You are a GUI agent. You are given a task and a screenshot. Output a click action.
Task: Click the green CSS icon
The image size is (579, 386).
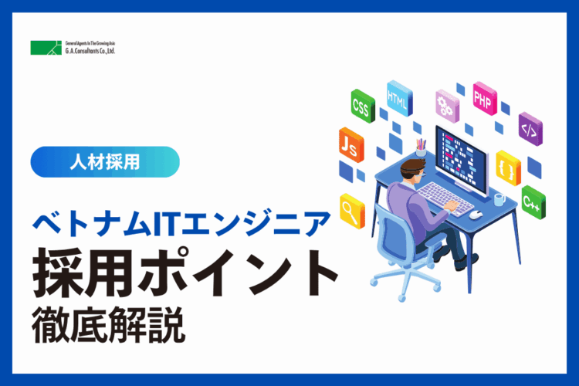point(363,106)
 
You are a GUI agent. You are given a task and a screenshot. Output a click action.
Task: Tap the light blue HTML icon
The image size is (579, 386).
point(399,98)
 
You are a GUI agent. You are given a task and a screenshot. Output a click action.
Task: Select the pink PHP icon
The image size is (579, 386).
point(485,98)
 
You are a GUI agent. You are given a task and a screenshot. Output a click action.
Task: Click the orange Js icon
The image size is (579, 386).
point(351,145)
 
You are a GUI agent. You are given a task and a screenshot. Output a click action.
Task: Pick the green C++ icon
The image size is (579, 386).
point(533,202)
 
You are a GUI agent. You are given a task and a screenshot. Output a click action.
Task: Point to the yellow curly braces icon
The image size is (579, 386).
point(508,168)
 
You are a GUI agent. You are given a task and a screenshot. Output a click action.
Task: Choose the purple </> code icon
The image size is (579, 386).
point(530,129)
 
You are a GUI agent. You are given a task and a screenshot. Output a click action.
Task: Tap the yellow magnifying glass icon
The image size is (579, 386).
point(352,211)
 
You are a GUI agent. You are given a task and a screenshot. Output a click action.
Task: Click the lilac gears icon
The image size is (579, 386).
point(447,106)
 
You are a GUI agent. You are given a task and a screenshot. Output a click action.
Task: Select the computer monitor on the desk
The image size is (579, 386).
point(462,160)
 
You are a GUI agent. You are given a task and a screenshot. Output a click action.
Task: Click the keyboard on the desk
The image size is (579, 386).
point(445,198)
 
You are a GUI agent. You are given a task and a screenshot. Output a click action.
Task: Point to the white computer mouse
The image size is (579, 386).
point(476,214)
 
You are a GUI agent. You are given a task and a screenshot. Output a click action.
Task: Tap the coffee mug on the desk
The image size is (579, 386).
point(499,199)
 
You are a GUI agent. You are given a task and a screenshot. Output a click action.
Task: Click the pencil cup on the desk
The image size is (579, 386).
point(421,148)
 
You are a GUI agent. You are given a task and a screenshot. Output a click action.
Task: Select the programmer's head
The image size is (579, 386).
point(413,171)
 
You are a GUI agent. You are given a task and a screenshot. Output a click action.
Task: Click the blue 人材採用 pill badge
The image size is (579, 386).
point(105,162)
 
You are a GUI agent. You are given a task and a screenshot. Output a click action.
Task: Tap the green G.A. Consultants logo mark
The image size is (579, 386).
point(46,48)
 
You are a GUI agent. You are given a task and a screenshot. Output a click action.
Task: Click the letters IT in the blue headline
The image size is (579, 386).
point(165,223)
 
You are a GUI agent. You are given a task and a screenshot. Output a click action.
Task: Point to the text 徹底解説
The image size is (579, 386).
point(109,325)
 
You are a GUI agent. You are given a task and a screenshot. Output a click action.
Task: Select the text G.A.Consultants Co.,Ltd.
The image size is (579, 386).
point(90,51)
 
